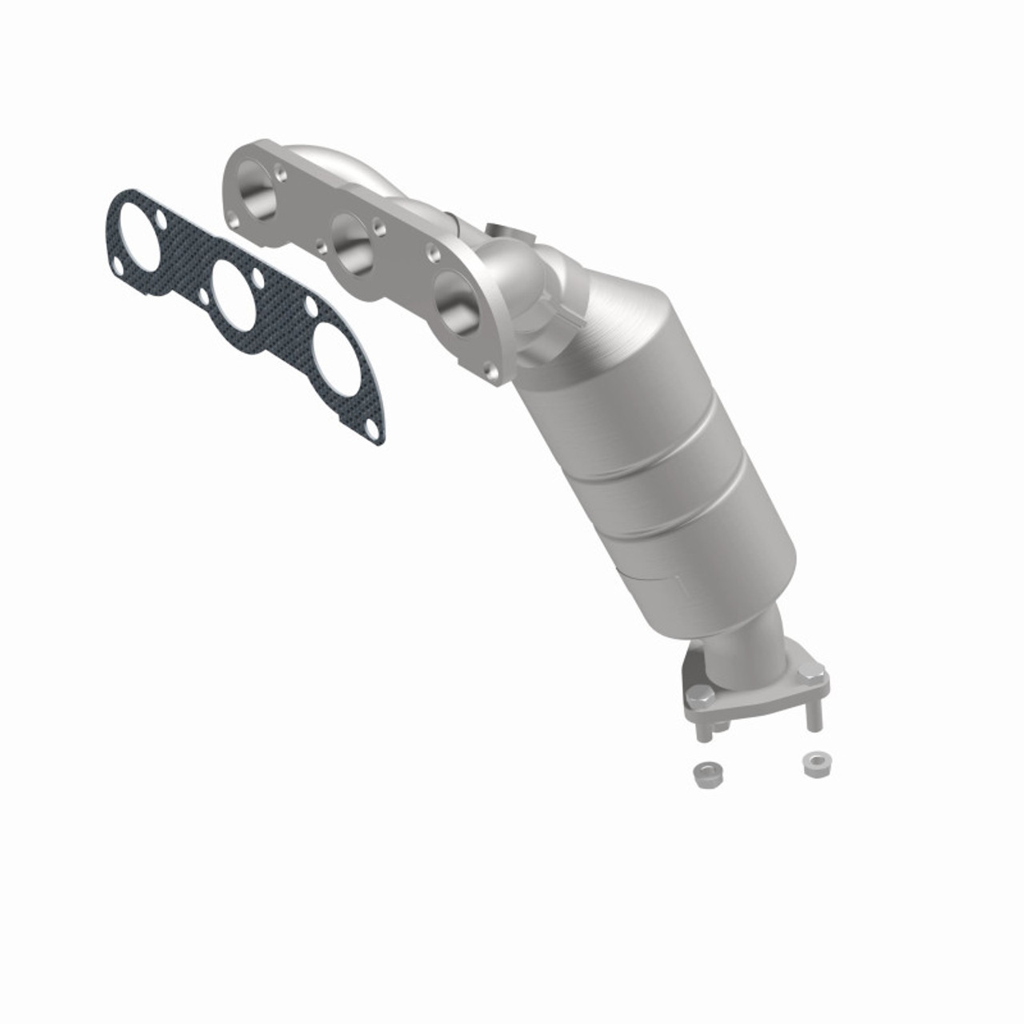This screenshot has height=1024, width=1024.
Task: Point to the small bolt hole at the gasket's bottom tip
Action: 370,432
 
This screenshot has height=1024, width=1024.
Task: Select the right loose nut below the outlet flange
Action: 814,762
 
